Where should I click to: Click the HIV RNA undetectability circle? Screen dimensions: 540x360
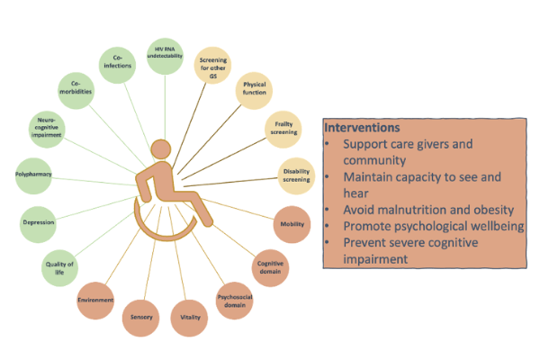pos(165,56)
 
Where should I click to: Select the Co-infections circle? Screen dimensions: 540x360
pos(117,65)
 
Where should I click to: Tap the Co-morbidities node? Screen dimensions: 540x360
pos(76,91)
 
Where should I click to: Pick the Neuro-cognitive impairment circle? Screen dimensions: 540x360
pos(47,130)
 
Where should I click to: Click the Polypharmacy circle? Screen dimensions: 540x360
pos(33,176)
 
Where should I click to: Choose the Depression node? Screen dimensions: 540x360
pos(38,225)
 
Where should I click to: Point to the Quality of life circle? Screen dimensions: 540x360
pos(59,268)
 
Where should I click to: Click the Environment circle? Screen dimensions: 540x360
pos(95,301)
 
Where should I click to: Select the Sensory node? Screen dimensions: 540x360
pos(141,318)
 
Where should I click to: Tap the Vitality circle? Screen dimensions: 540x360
pos(189,318)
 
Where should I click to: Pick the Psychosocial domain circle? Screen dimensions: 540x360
pos(235,301)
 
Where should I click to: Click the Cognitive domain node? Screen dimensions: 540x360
pos(270,268)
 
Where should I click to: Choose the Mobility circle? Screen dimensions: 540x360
pos(292,225)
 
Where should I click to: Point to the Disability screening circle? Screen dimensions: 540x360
pos(296,176)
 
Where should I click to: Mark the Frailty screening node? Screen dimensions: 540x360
pos(283,130)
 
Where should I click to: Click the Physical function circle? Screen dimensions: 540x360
pos(254,91)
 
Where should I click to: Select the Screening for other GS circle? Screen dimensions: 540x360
pos(212,65)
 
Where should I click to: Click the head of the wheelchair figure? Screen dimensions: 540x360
pos(161,149)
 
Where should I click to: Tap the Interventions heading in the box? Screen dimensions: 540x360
pos(362,128)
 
